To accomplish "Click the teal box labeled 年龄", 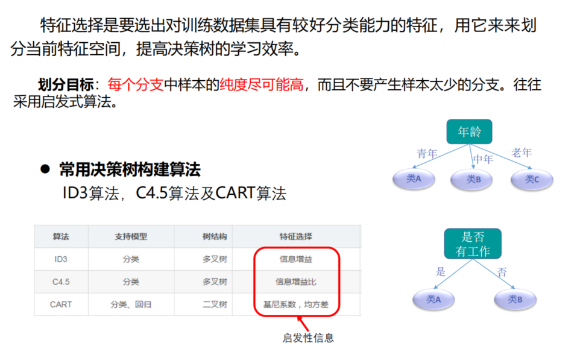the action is pos(468,131).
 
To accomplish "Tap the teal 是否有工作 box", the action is pos(472,244).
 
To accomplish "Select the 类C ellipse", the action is pos(532,179).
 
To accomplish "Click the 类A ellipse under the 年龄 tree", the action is pos(414,178).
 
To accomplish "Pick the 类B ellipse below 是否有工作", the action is pos(515,299).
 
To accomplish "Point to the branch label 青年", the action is pos(427,154).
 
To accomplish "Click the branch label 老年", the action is pos(522,153).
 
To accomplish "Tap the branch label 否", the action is pos(502,272).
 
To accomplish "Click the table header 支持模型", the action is pos(131,236).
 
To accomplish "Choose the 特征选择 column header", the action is pos(295,236).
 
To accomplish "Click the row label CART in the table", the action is pos(61,305).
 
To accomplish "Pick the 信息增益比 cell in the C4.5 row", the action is pos(295,282).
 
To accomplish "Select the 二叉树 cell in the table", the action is pos(215,305).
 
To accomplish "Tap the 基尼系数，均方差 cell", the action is pos(295,305).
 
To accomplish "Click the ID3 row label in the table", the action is pos(61,259).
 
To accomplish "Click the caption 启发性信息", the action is pos(307,338).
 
